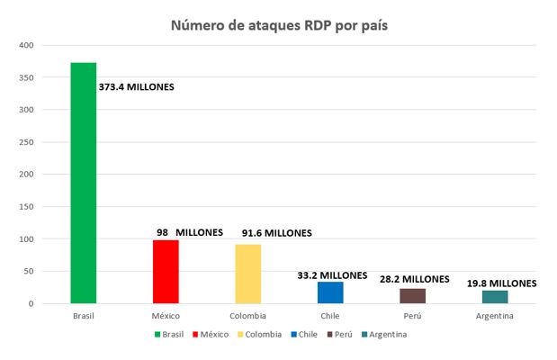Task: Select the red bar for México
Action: pyautogui.click(x=166, y=272)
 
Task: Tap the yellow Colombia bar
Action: pyautogui.click(x=247, y=274)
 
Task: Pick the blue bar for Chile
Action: pyautogui.click(x=330, y=292)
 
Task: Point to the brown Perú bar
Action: pyautogui.click(x=412, y=295)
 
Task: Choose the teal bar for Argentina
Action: pyautogui.click(x=495, y=297)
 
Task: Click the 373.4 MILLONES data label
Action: pyautogui.click(x=137, y=87)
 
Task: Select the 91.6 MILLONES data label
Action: pyautogui.click(x=276, y=233)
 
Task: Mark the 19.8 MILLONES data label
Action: pyautogui.click(x=501, y=283)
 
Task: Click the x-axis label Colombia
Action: pyautogui.click(x=247, y=317)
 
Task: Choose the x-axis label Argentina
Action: pyautogui.click(x=495, y=317)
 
